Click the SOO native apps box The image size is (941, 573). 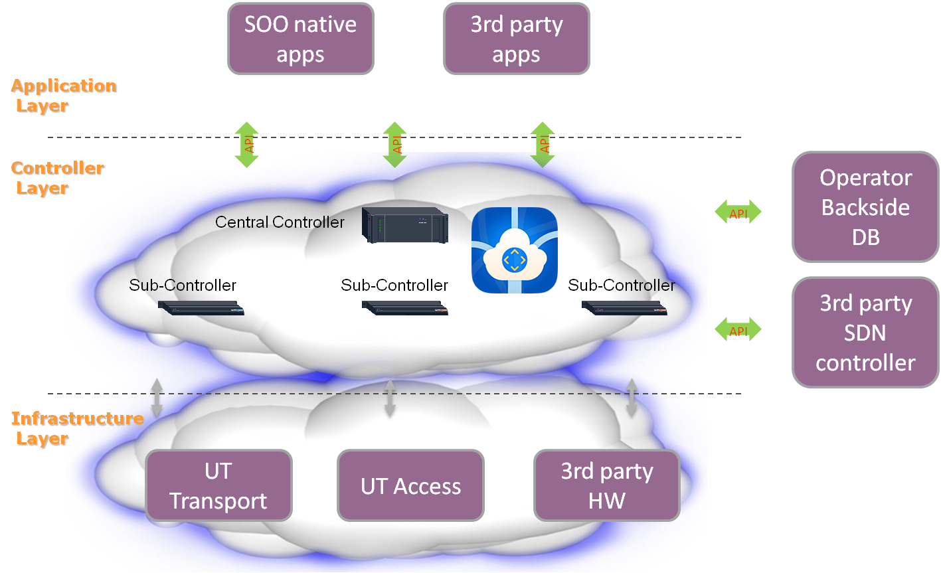tap(301, 39)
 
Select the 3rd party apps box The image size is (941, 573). tap(516, 39)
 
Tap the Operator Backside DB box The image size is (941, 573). tap(865, 207)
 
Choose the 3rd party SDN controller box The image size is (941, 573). tap(865, 333)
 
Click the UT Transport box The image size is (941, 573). tap(218, 485)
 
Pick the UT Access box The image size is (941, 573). tap(410, 486)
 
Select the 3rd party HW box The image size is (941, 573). tap(607, 485)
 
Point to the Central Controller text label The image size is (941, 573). tap(280, 222)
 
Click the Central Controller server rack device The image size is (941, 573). tap(404, 224)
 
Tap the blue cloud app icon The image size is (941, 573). tap(515, 250)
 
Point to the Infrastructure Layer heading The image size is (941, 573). tap(77, 429)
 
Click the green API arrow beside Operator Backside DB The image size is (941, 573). tap(738, 212)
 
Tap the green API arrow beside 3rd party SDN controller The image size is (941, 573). tap(738, 330)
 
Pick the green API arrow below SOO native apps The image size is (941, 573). tap(247, 144)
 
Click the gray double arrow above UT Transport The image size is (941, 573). tap(157, 397)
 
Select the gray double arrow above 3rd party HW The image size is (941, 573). tap(632, 397)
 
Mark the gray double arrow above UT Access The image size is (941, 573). tap(390, 398)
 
